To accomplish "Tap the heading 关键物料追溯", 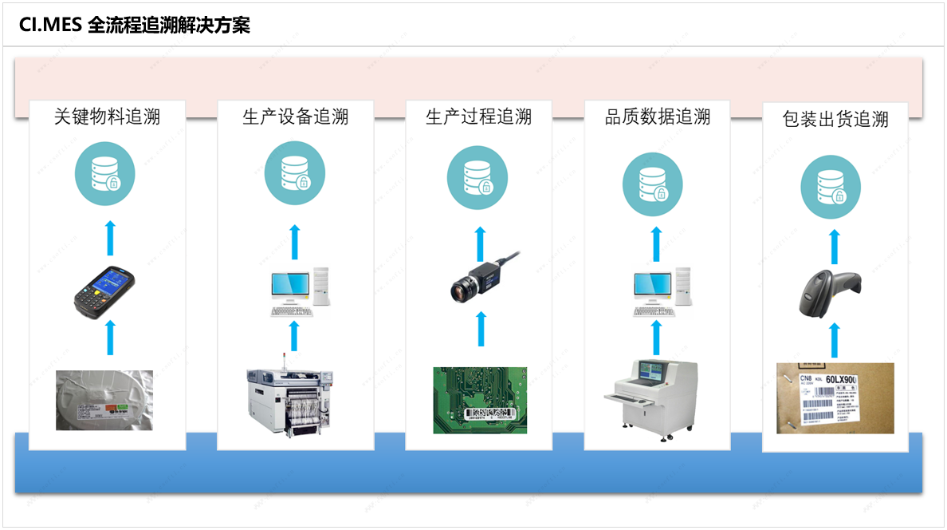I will [107, 117].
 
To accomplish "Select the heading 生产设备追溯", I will [296, 117].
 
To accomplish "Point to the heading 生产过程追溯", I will [478, 117].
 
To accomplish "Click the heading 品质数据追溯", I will [658, 117].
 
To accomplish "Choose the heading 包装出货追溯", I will [835, 120].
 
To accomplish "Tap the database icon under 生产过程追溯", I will [477, 175].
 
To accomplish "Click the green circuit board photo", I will [480, 400].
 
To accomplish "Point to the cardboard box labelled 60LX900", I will [835, 398].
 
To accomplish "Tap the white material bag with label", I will [104, 400].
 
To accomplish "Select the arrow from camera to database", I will [481, 243].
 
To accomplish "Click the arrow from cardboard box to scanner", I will [834, 340].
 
